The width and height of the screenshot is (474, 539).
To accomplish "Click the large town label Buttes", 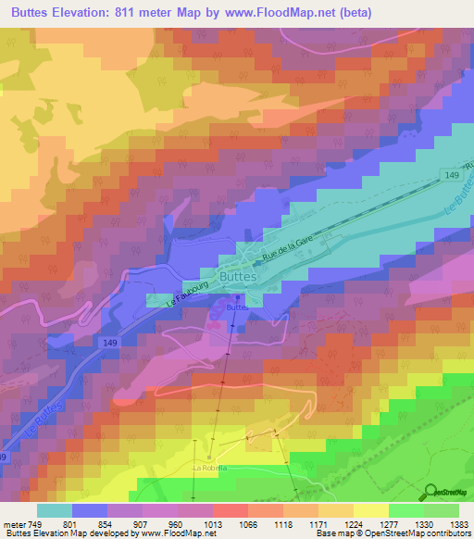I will click(238, 275).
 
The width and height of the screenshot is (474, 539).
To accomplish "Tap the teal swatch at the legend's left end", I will click(55, 509).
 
